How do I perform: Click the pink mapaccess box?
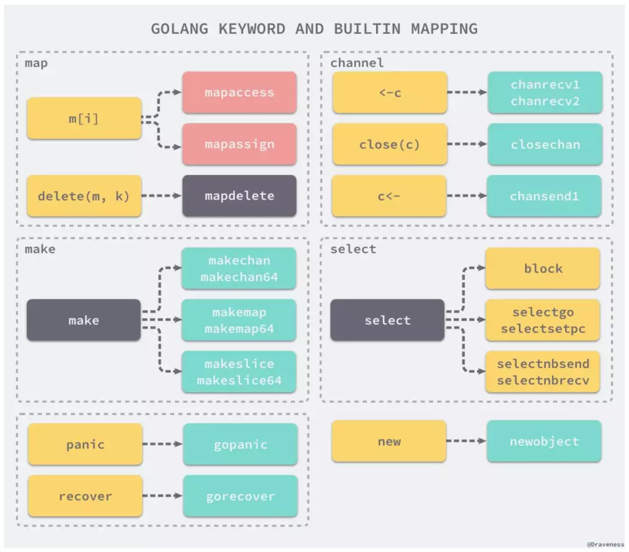point(239,93)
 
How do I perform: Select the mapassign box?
point(239,144)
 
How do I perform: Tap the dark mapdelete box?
point(239,196)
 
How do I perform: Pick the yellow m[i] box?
point(84,118)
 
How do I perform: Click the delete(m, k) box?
point(84,196)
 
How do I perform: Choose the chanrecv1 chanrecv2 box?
point(545,93)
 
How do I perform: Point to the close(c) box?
point(390,144)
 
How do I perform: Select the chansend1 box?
point(545,196)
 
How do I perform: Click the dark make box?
point(84,320)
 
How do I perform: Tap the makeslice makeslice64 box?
point(239,371)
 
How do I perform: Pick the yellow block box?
point(543,268)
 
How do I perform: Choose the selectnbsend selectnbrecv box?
point(543,371)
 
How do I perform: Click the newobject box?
point(545,441)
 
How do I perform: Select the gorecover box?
point(241,496)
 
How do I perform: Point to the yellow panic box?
point(85,444)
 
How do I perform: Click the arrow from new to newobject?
point(467,441)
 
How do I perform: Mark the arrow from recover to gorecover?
point(162,496)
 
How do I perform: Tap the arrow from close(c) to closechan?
point(467,144)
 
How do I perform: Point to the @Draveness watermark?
point(605,544)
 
